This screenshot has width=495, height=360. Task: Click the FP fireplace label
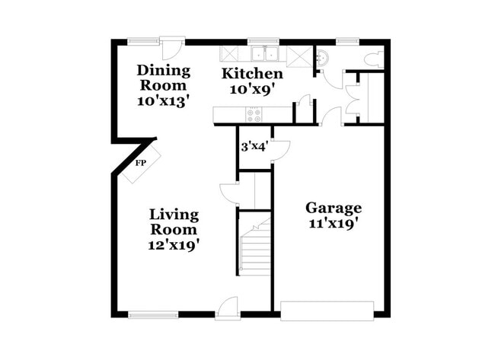point(140,163)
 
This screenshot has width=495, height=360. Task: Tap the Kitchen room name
point(252,74)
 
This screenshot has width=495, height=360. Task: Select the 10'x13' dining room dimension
point(163,100)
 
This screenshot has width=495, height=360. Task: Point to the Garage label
point(334,208)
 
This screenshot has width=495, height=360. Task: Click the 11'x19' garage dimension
point(334,224)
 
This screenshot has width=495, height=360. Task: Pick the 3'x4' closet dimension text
point(254,146)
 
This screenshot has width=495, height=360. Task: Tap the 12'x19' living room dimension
point(174,245)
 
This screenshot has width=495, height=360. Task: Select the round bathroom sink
point(321,56)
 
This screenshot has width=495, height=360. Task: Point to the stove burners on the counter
point(253,115)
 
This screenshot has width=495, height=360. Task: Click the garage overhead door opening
point(327,311)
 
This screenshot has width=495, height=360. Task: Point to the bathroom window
point(347,40)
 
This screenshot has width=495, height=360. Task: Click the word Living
point(174,214)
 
